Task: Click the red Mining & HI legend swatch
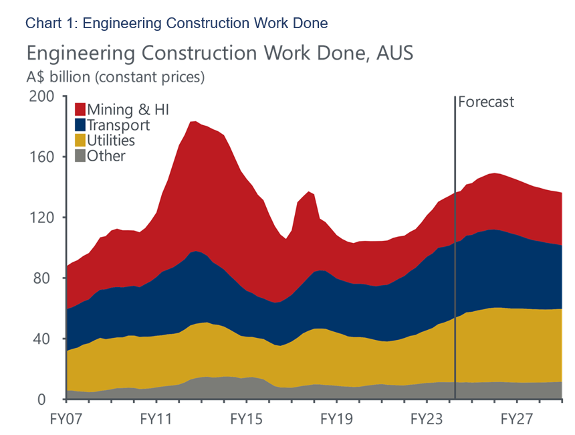[x=80, y=109]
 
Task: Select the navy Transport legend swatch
[x=80, y=125]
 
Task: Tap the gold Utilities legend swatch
[x=80, y=141]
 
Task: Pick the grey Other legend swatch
[x=80, y=157]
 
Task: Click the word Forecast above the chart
[x=486, y=102]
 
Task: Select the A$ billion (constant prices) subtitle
[x=115, y=76]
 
